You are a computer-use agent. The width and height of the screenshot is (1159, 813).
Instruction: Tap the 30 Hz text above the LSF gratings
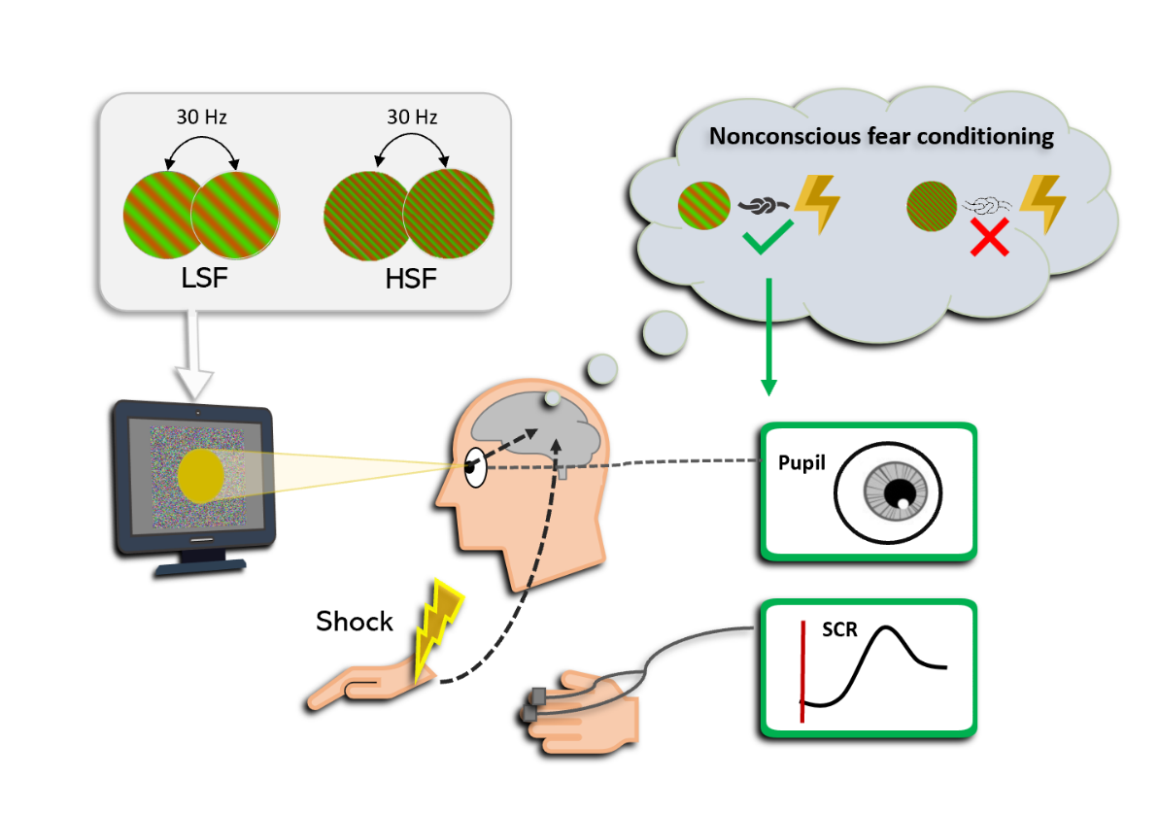(201, 119)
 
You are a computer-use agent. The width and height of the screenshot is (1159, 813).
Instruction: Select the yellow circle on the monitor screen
(202, 475)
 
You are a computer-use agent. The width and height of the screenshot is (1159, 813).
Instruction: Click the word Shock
(355, 621)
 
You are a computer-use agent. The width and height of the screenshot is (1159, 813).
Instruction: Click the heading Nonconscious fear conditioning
(881, 136)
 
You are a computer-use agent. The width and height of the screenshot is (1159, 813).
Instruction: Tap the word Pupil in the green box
(801, 463)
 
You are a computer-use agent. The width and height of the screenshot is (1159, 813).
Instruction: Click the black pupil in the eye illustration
(906, 490)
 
